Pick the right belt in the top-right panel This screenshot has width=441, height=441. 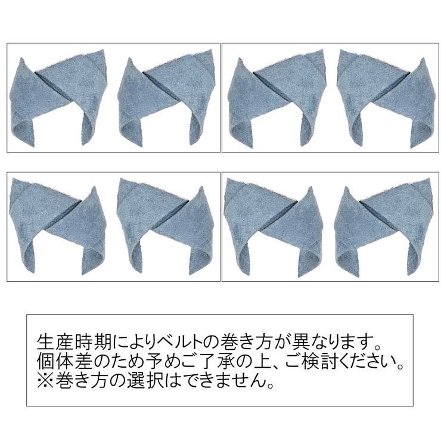[x=385, y=98]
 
